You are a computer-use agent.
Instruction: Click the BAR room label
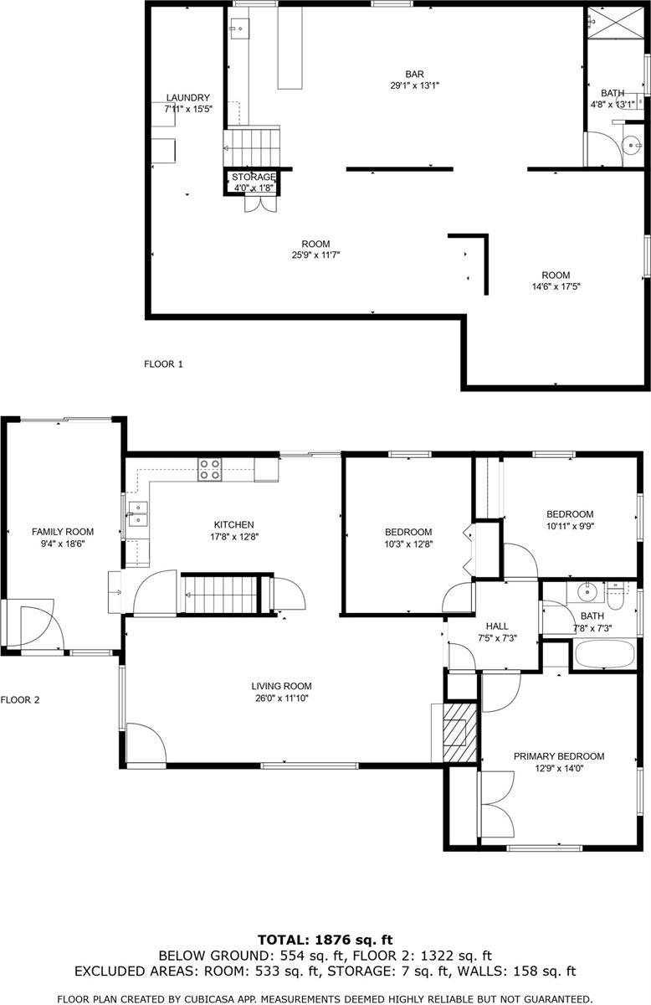point(414,73)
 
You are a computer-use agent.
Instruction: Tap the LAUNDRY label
point(187,98)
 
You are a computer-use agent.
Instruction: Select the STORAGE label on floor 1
point(254,177)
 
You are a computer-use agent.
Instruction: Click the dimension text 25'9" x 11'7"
point(315,255)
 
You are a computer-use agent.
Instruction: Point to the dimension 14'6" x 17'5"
point(555,286)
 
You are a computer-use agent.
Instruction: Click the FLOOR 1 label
point(163,364)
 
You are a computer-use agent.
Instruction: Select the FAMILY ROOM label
point(63,532)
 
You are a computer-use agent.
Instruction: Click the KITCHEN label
point(233,525)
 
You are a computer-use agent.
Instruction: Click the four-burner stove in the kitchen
point(210,469)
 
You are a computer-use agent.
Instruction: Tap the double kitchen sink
point(137,513)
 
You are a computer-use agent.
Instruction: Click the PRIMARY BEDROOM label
point(558,756)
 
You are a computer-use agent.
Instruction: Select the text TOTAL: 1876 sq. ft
point(325,940)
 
